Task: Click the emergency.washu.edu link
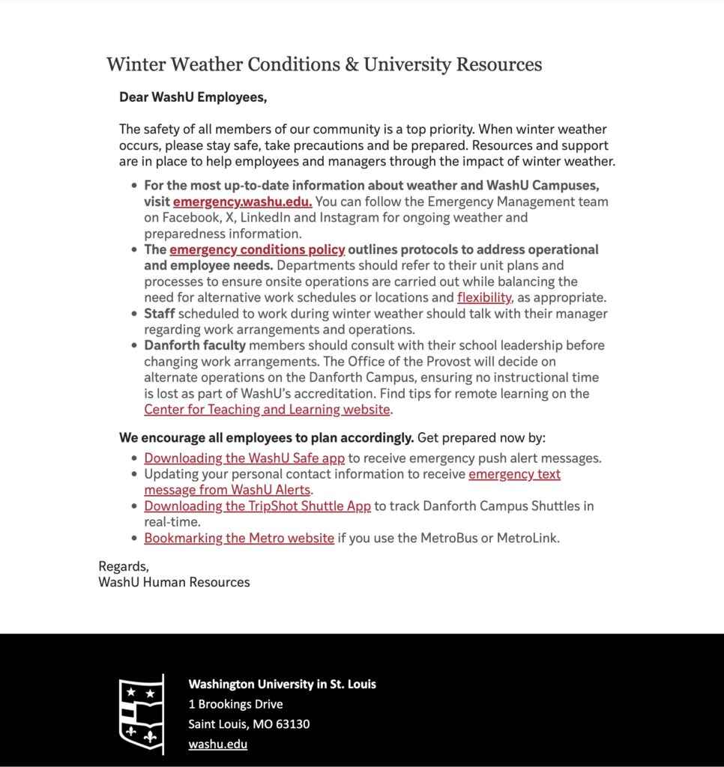click(243, 201)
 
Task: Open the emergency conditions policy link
click(257, 249)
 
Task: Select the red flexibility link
click(484, 297)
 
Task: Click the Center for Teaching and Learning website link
click(268, 410)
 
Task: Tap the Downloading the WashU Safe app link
click(244, 458)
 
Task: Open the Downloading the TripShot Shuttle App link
click(257, 506)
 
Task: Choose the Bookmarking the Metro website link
click(239, 538)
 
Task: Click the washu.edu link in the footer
click(218, 745)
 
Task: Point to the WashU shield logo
click(142, 714)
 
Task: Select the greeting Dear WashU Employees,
click(193, 97)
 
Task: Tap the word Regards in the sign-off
click(124, 566)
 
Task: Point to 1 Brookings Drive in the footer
click(235, 704)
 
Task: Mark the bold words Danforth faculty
click(195, 345)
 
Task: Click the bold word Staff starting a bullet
click(159, 313)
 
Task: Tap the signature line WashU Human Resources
click(174, 582)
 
